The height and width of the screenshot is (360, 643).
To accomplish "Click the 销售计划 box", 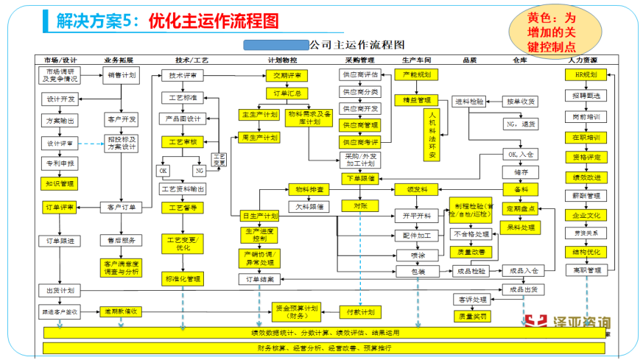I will (x=121, y=74).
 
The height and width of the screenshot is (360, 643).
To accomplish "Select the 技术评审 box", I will (x=182, y=74).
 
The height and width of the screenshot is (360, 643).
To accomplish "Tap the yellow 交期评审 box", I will (x=287, y=75).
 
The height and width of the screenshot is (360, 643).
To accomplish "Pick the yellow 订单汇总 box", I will (x=287, y=93).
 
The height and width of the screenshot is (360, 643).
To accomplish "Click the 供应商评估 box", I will (x=360, y=75).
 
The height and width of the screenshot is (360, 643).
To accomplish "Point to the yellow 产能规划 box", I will (x=417, y=74).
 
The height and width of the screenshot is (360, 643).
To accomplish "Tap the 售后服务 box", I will (x=120, y=240).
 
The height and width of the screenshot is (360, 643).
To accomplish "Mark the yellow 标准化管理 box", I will (x=183, y=279).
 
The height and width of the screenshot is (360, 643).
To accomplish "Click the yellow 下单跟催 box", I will (x=360, y=177).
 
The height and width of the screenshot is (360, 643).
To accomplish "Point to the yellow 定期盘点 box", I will (x=521, y=208).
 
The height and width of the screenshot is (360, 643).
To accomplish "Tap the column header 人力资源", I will (x=584, y=59).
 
